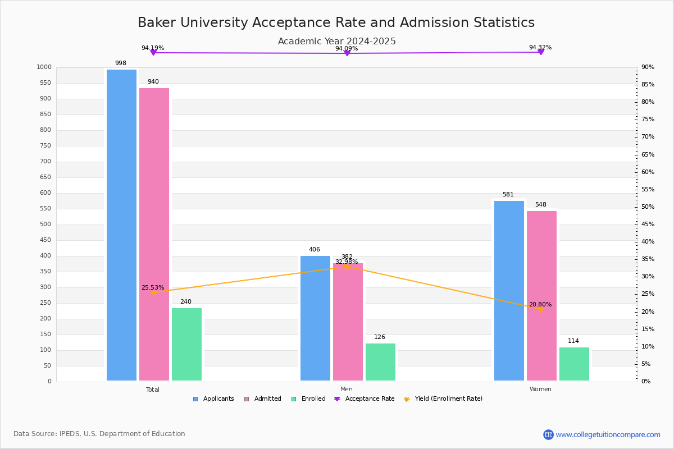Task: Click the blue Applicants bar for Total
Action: pos(121,224)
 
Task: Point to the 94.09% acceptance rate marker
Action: pos(347,53)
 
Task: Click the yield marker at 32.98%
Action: pos(347,267)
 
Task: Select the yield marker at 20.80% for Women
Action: pos(541,309)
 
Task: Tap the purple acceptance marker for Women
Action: pos(541,52)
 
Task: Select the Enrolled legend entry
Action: pos(308,399)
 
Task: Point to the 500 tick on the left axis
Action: pos(45,224)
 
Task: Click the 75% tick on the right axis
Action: pos(648,120)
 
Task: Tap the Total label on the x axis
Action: pos(153,390)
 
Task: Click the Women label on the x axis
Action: pos(540,390)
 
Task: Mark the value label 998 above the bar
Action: pos(121,63)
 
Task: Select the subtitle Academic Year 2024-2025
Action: pos(336,42)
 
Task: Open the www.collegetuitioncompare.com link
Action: pos(608,434)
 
